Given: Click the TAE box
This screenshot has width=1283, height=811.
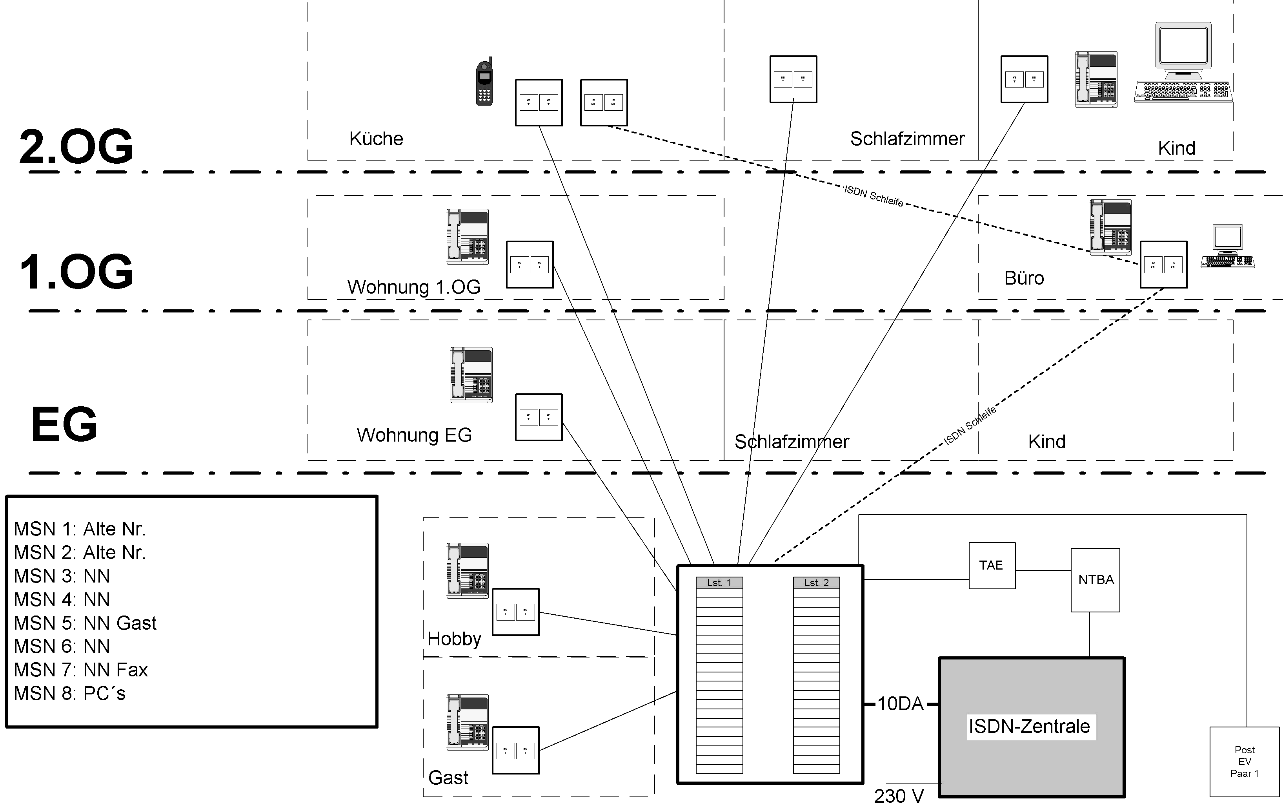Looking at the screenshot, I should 992,566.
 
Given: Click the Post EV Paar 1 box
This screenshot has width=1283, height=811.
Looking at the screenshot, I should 1244,762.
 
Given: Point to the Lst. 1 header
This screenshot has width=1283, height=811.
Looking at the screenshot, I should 719,583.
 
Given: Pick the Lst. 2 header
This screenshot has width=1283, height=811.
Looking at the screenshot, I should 816,583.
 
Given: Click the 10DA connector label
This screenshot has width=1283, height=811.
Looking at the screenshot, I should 900,704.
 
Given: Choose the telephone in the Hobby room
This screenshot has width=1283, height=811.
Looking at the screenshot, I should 467,570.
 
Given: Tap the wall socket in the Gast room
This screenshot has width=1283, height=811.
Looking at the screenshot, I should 515,750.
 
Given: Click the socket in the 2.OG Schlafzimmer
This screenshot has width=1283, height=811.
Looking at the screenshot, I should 793,79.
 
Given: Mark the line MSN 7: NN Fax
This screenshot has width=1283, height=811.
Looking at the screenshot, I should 81,670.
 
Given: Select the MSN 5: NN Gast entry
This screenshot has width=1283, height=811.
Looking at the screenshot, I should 85,623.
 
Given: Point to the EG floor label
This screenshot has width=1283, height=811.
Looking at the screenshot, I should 64,424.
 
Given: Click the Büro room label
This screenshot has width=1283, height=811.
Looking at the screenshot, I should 1023,278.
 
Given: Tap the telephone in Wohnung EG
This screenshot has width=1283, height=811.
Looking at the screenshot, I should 471,375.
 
